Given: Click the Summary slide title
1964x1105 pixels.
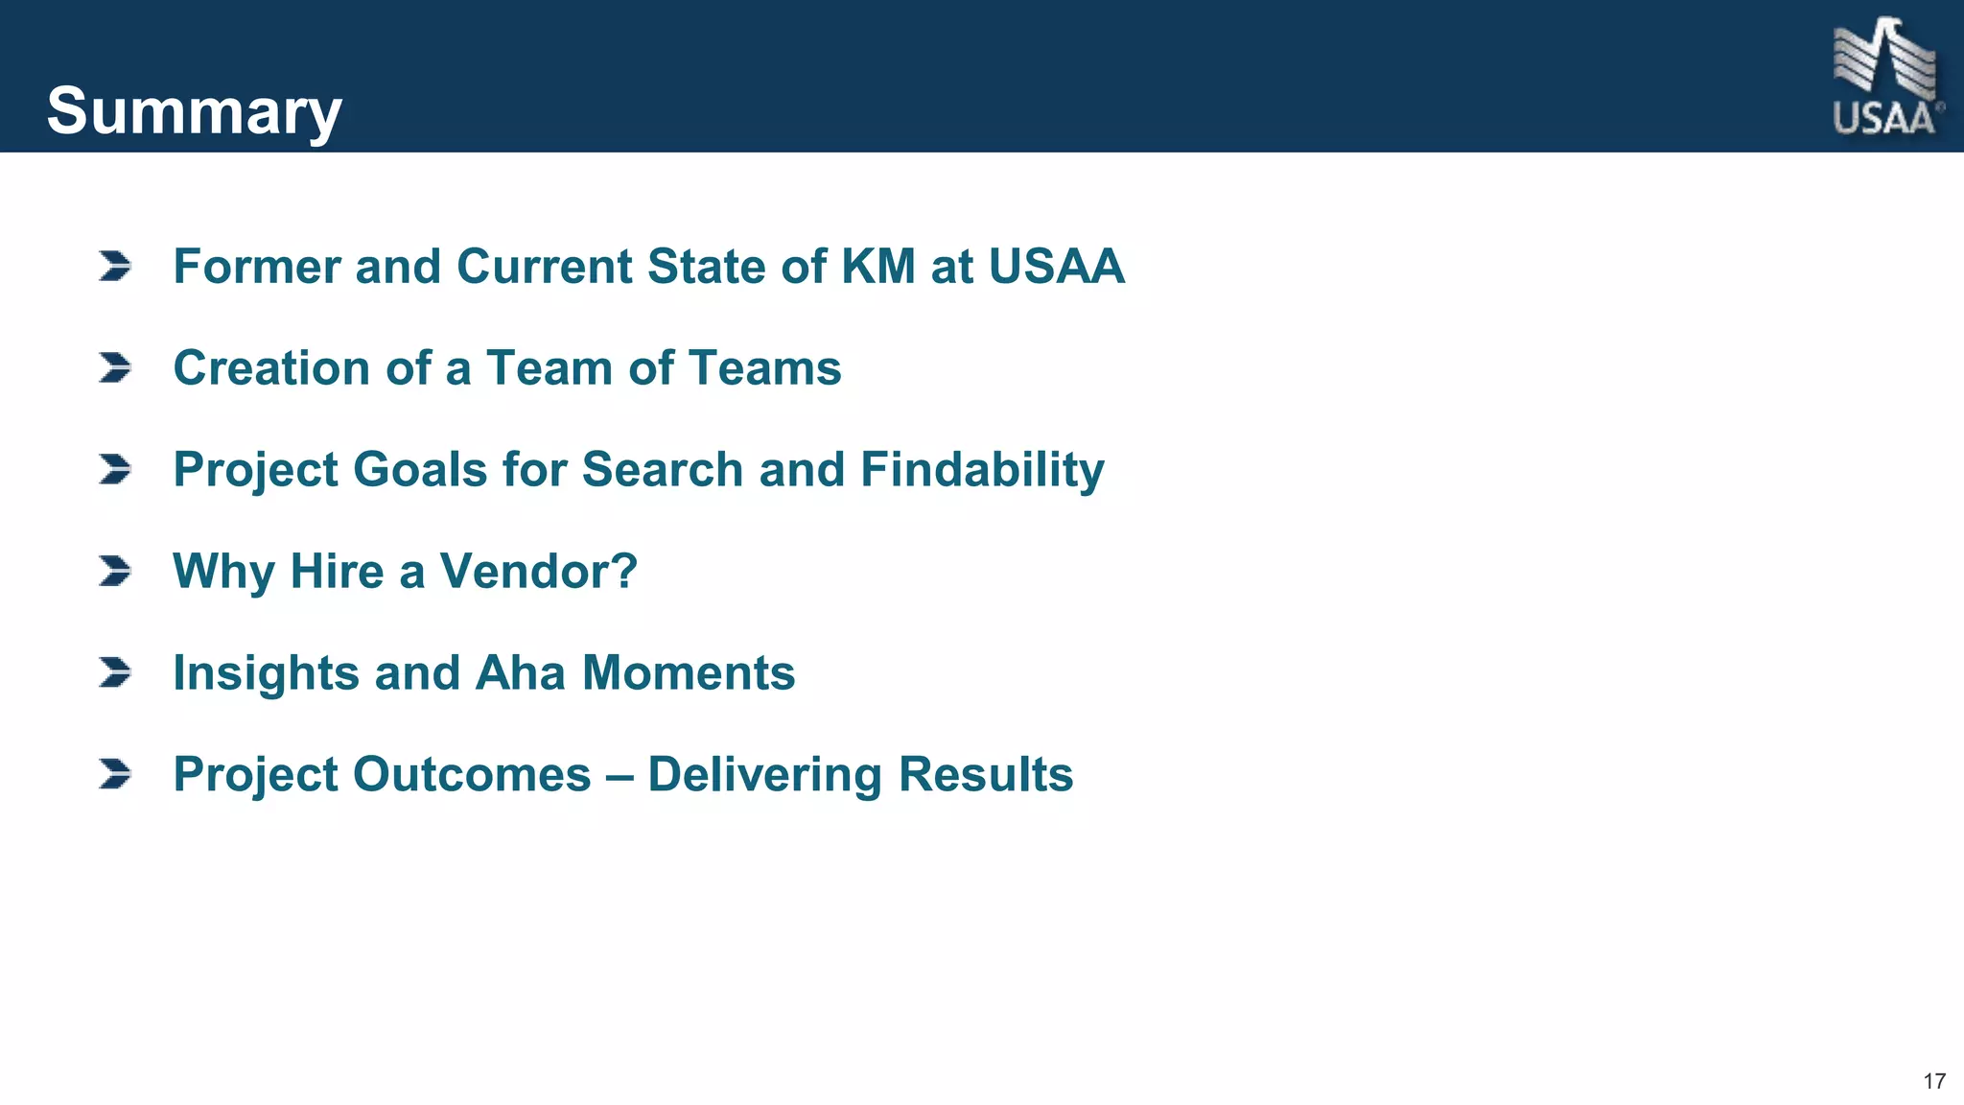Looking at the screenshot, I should point(194,111).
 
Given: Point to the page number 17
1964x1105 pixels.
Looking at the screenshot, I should point(1934,1081).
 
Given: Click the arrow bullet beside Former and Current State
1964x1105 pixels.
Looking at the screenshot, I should point(115,266).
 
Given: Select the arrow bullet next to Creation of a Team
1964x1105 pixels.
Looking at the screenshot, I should point(115,367).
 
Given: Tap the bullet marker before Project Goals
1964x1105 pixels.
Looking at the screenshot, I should point(115,469).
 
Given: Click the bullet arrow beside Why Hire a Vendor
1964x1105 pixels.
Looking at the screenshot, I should point(115,571).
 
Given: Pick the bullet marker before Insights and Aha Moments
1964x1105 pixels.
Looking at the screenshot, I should point(115,672).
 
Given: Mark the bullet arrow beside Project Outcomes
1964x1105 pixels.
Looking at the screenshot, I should point(115,774).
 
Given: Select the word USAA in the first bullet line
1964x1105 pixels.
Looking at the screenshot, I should point(1056,266).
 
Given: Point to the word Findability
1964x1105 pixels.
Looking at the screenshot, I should point(982,470).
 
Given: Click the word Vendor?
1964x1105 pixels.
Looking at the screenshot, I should point(538,571).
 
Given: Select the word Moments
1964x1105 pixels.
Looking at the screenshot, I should point(689,672).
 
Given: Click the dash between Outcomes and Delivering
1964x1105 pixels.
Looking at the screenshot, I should point(620,775).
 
